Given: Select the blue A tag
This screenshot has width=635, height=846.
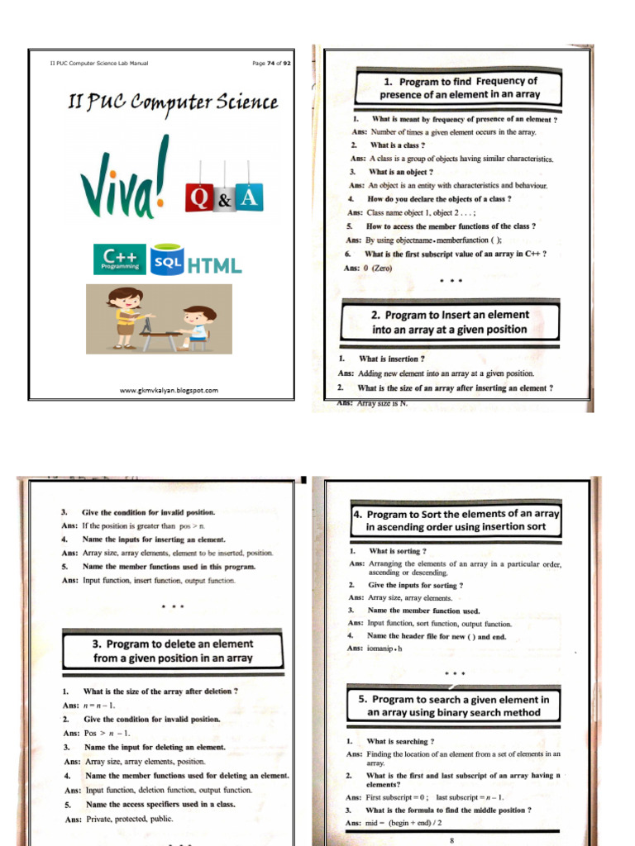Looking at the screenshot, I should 249,197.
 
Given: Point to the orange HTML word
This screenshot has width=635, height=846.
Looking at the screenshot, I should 214,265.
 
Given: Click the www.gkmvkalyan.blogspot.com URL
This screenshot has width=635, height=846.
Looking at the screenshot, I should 169,390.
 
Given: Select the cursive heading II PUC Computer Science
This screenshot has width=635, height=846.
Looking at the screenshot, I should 173,103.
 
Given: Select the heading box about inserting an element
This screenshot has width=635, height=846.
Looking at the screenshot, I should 450,322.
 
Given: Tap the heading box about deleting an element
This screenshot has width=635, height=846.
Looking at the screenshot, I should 173,651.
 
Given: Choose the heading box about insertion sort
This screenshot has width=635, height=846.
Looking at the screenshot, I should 456,520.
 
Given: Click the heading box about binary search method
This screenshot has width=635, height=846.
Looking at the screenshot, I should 454,706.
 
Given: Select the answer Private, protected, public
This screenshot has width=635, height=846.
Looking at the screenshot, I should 129,819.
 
